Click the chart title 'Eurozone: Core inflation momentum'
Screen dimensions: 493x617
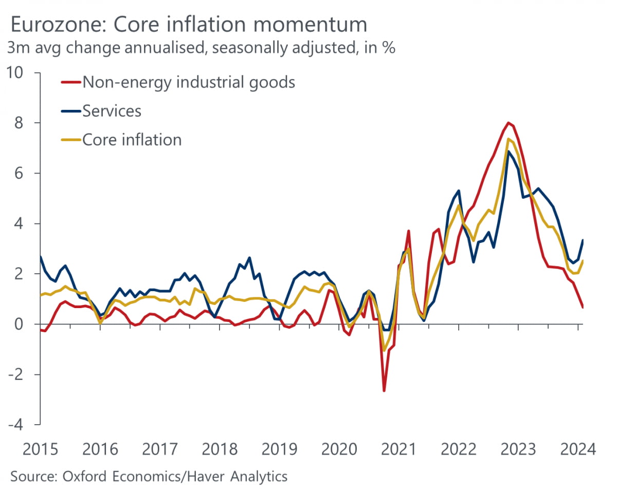(x=188, y=25)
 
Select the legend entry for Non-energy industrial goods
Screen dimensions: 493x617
(x=188, y=82)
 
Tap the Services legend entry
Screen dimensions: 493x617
(x=112, y=110)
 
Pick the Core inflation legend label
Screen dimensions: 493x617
(x=132, y=140)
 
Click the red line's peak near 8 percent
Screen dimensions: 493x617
(x=508, y=123)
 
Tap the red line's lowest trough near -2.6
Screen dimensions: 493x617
(x=384, y=391)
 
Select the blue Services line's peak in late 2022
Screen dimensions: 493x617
(x=508, y=151)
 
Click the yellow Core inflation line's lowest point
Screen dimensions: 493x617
(x=384, y=351)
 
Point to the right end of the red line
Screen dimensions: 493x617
(x=582, y=307)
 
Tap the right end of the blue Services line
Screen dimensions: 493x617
(x=582, y=240)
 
